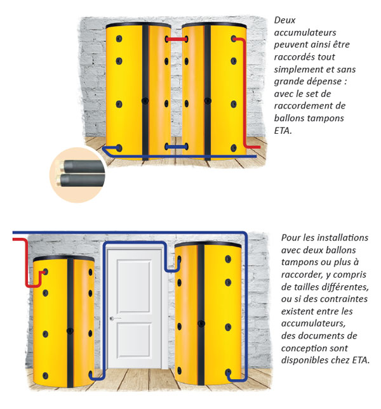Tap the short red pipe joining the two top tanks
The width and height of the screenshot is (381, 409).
(177, 39)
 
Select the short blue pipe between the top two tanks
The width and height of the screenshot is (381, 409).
(177, 147)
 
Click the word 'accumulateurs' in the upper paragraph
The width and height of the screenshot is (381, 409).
(305, 32)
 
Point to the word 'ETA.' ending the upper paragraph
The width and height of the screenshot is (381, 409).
(283, 130)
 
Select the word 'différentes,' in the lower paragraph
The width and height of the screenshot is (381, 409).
(345, 287)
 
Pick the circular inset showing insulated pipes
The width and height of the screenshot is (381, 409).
(77, 174)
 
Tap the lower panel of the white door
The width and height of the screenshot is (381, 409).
(134, 341)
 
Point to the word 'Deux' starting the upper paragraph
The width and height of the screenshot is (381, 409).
(284, 20)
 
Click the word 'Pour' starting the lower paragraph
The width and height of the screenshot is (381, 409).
(291, 238)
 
